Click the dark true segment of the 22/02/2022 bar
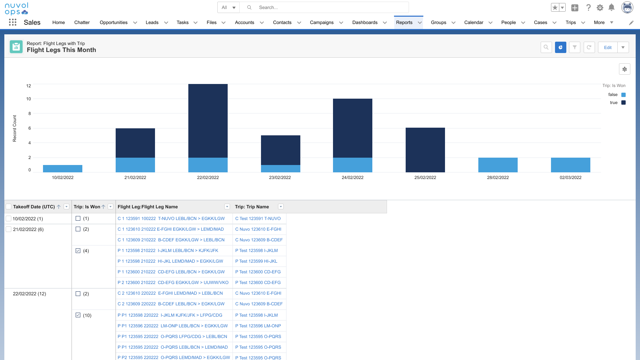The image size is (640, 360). tap(208, 121)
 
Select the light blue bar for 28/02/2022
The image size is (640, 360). tap(498, 165)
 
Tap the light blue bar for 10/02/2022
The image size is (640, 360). tap(63, 169)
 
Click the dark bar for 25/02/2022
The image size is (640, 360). tap(425, 150)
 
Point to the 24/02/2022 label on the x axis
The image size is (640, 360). tap(353, 177)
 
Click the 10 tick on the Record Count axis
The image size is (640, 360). tap(29, 99)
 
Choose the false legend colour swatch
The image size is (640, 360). tap(623, 95)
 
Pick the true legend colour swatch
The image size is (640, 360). tap(623, 103)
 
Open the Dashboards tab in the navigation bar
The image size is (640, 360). tap(365, 22)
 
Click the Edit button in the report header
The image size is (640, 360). tap(608, 47)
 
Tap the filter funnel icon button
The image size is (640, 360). tap(575, 47)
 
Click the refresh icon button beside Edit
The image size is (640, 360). tap(589, 47)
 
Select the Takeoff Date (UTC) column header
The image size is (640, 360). tap(34, 207)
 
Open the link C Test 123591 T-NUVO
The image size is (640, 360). tap(258, 219)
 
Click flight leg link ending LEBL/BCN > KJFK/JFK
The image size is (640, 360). tap(168, 251)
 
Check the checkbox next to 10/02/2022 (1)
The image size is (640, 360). tap(9, 219)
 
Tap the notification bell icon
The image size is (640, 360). tap(611, 7)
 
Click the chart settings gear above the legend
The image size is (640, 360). tap(625, 69)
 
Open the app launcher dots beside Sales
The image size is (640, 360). tap(13, 22)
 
